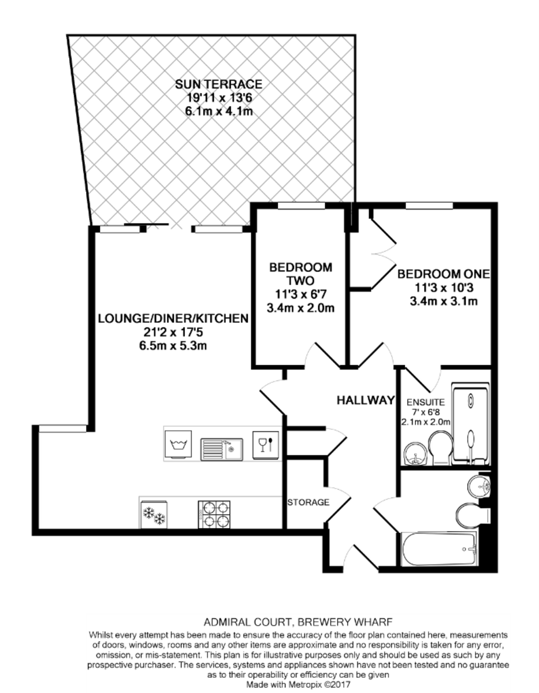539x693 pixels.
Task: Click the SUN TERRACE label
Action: (x=218, y=85)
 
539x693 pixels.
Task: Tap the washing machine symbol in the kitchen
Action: (x=179, y=445)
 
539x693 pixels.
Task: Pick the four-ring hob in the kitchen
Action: (x=215, y=513)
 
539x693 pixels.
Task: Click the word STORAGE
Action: (x=308, y=502)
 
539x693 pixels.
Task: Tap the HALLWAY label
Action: (x=366, y=400)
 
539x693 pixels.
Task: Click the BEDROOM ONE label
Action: (x=443, y=273)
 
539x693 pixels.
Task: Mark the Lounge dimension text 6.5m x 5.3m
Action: (x=172, y=346)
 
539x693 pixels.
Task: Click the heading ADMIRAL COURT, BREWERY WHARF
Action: (x=298, y=622)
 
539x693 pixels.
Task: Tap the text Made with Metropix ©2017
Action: (x=298, y=683)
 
